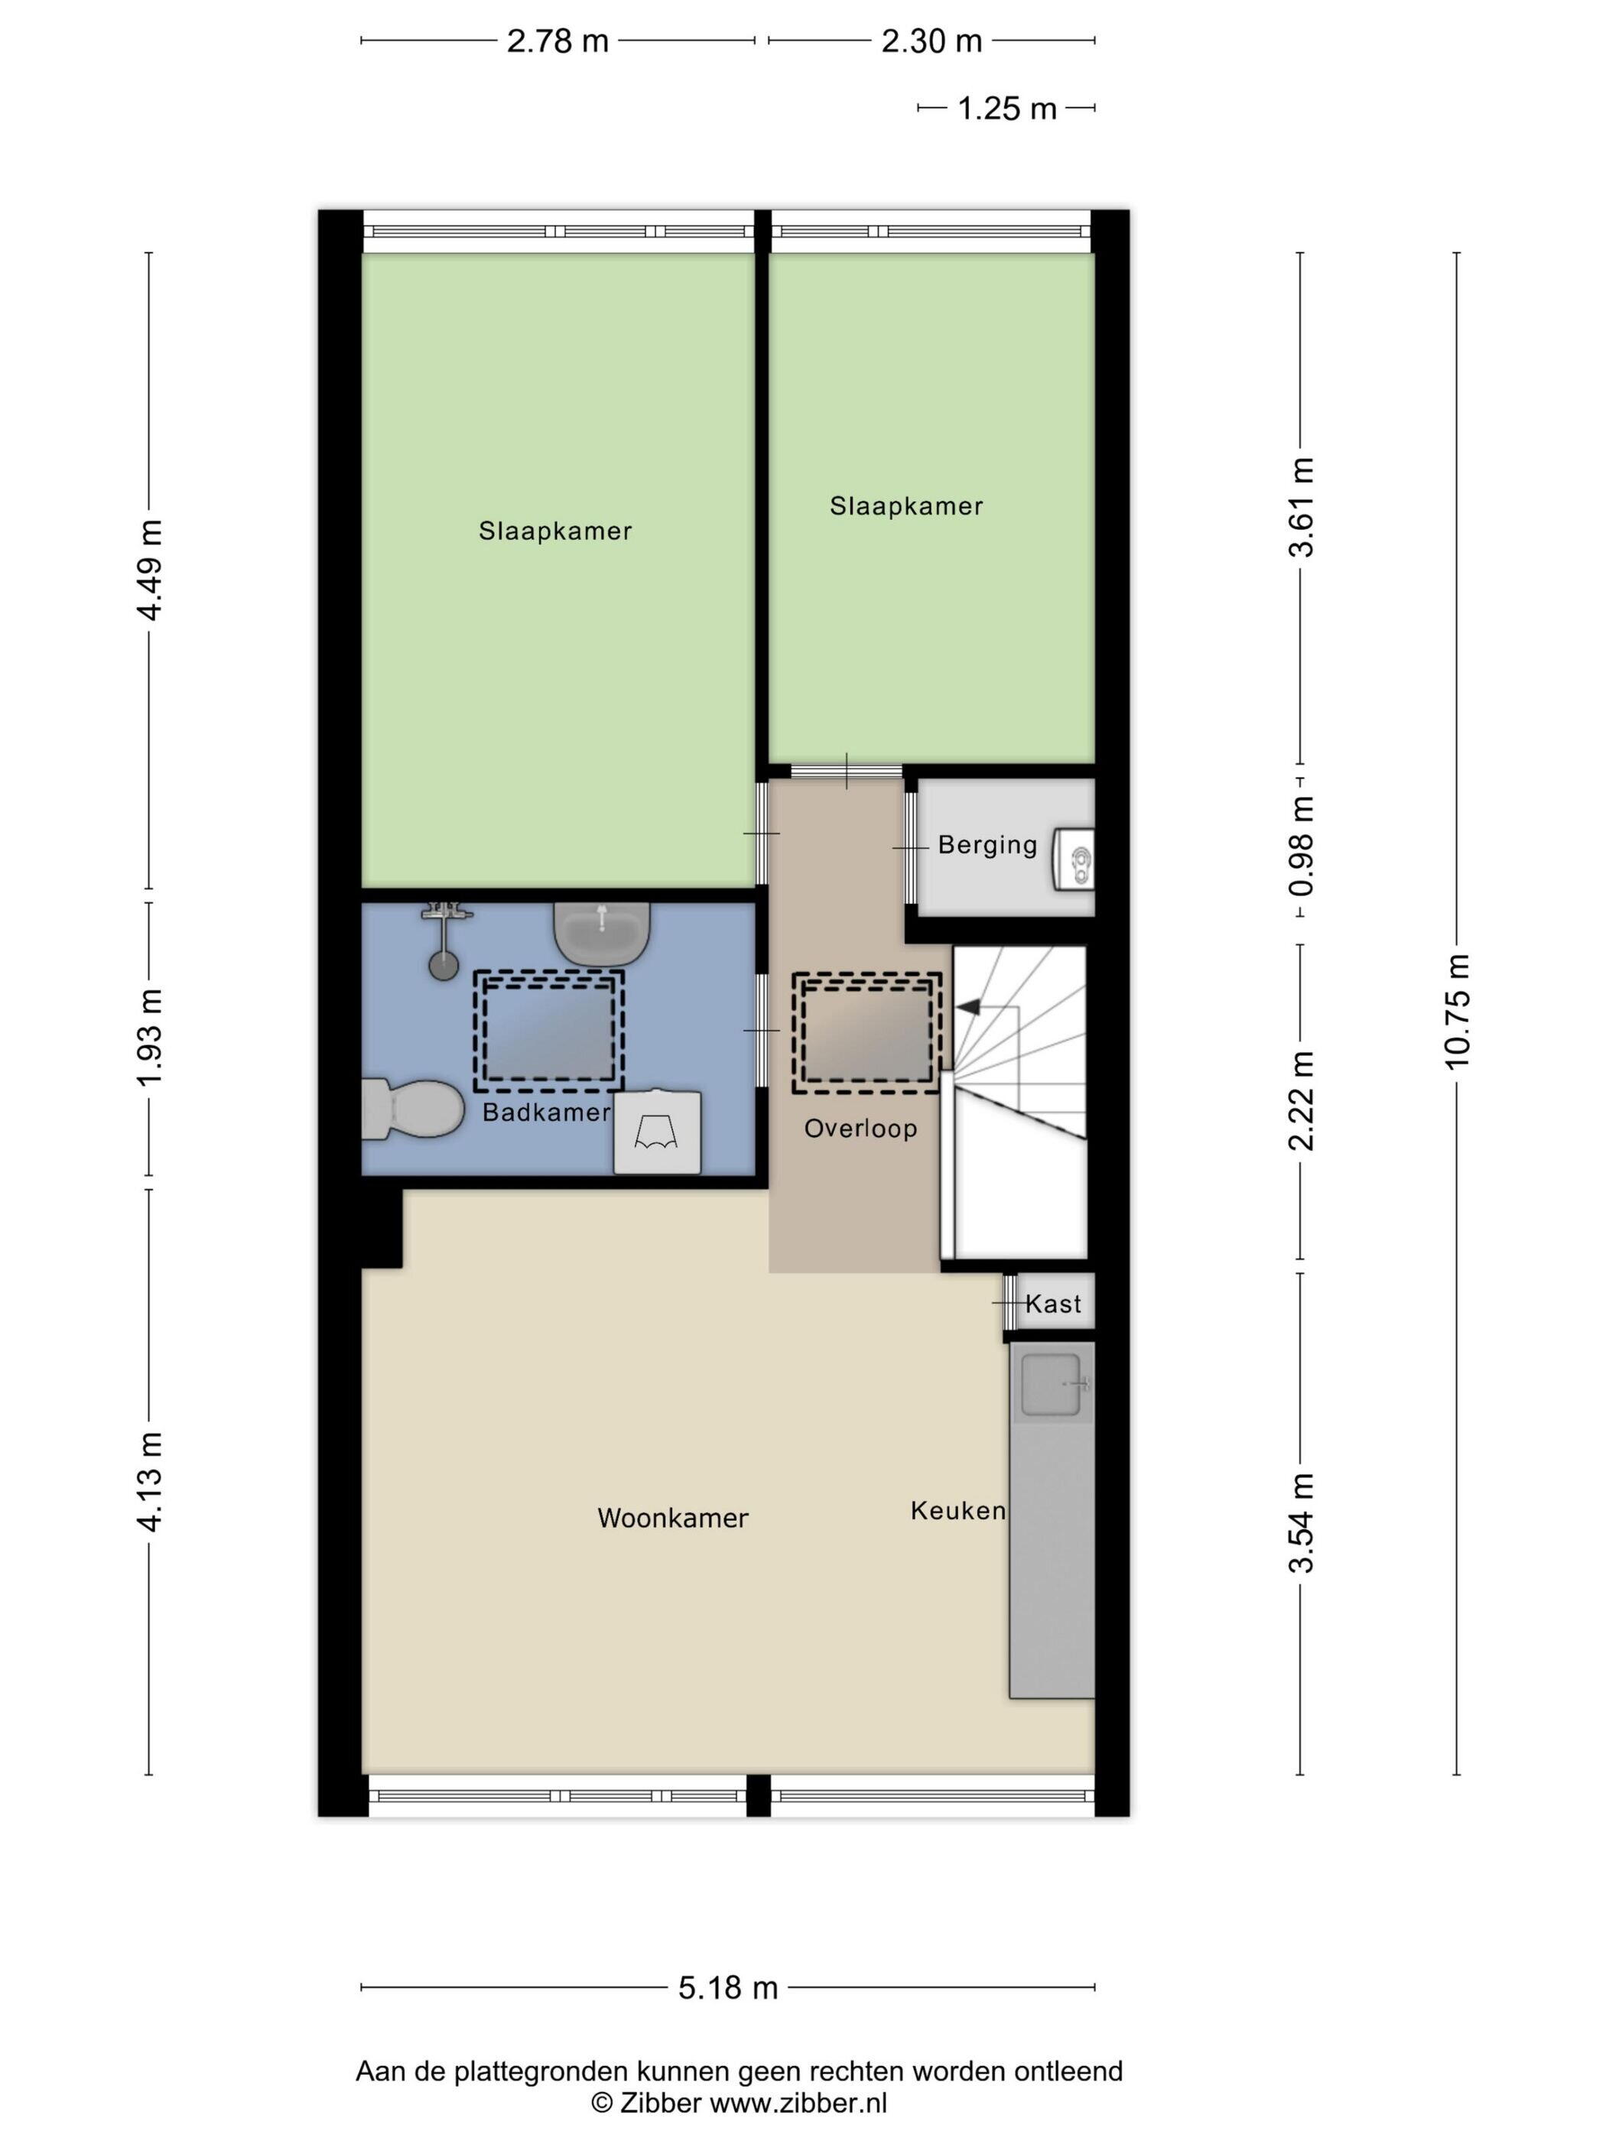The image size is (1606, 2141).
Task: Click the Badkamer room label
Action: click(546, 1112)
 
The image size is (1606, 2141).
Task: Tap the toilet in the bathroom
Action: click(411, 1109)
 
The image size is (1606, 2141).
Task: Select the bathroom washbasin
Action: click(601, 934)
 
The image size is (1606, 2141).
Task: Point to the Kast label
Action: click(1053, 1304)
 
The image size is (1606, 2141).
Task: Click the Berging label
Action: click(987, 845)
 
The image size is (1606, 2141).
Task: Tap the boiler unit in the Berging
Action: click(1074, 859)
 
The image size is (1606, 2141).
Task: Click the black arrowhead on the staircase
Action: click(968, 1008)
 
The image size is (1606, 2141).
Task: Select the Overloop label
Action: click(860, 1129)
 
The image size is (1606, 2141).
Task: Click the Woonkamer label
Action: click(673, 1518)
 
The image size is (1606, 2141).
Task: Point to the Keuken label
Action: click(957, 1511)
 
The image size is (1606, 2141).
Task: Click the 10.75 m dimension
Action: click(1457, 1012)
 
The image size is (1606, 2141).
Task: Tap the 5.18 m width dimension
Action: click(728, 1987)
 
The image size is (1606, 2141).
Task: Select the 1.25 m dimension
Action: click(1006, 109)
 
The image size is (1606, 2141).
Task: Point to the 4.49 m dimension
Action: click(150, 570)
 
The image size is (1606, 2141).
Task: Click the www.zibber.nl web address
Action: click(798, 2104)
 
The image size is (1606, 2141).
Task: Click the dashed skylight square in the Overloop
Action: click(866, 1033)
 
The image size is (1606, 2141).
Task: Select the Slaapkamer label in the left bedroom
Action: click(554, 531)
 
